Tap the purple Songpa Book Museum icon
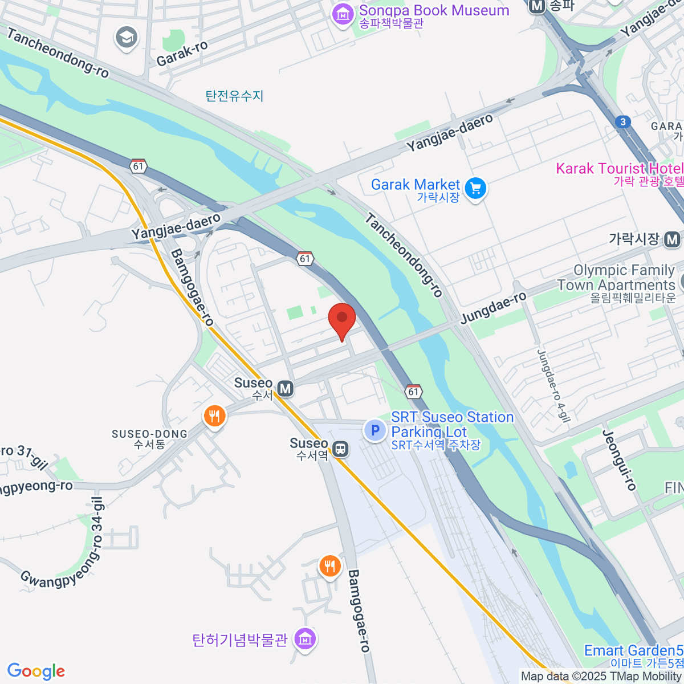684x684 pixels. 343,14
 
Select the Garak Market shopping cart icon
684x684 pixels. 475,188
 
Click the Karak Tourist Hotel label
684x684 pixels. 619,169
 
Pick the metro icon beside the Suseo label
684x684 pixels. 285,389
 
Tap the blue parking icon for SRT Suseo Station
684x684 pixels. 375,430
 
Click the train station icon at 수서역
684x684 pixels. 340,449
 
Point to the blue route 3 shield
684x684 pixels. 623,121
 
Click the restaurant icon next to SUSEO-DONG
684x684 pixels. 214,417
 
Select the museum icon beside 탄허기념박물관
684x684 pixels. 306,639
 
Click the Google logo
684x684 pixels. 36,671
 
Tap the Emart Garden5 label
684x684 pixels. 633,651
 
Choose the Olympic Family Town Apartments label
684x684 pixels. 624,278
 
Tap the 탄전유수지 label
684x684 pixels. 235,96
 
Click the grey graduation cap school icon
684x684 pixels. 126,38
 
